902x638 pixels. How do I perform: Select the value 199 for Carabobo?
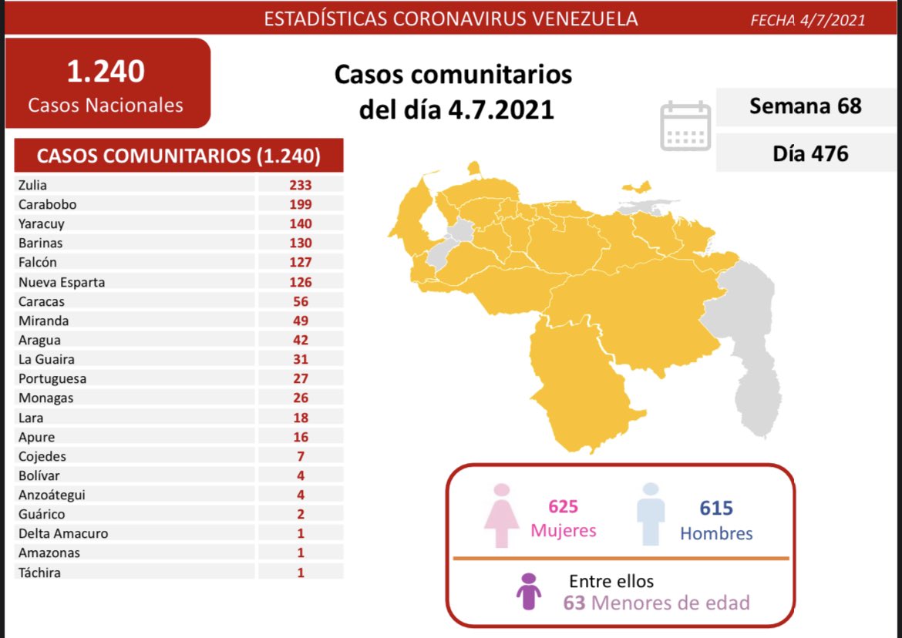click(301, 204)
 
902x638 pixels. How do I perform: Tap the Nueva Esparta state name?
click(61, 282)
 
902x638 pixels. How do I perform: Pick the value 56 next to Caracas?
click(301, 301)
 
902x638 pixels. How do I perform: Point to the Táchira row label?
click(39, 573)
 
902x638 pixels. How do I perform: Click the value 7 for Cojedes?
click(301, 456)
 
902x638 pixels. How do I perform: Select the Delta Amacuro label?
click(63, 533)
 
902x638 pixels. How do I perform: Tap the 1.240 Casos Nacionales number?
click(106, 72)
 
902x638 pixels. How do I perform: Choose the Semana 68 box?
click(805, 106)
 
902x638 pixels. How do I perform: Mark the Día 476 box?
click(809, 153)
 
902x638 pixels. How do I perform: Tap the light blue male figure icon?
click(651, 514)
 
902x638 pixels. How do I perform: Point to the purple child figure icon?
click(529, 592)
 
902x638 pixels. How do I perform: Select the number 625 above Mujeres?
click(563, 507)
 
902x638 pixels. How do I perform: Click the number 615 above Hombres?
click(715, 508)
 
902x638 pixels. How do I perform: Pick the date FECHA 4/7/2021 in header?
click(807, 20)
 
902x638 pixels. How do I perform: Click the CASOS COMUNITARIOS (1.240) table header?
click(179, 156)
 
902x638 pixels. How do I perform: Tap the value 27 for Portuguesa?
click(301, 378)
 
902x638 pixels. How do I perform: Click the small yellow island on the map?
click(637, 187)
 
